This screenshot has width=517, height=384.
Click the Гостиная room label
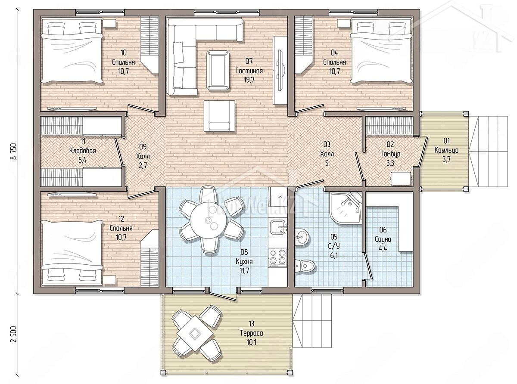[249, 71]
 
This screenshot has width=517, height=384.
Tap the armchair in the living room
[219, 116]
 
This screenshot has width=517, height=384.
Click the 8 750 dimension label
[13, 151]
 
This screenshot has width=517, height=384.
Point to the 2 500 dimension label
[13, 334]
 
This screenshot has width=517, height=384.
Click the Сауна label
[383, 239]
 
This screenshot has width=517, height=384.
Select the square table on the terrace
[194, 333]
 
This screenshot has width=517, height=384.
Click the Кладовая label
[83, 151]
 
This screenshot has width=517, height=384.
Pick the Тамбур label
[390, 154]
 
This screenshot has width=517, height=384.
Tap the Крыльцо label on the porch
[446, 150]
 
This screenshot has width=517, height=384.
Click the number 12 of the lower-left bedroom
[121, 219]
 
